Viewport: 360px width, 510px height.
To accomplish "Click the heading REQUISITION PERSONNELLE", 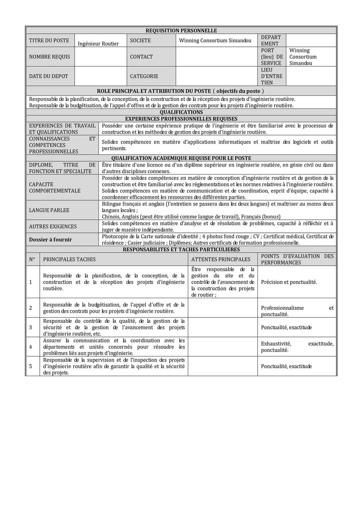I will pyautogui.click(x=181, y=30).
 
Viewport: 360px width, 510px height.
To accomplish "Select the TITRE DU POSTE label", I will pyautogui.click(x=49, y=40).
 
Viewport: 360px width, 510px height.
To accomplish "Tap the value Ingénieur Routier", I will pyautogui.click(x=98, y=44).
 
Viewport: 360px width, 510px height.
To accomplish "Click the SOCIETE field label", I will pyautogui.click(x=140, y=40).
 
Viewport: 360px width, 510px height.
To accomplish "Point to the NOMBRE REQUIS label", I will pyautogui.click(x=49, y=57).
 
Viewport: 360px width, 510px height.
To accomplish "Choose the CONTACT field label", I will pyautogui.click(x=141, y=57).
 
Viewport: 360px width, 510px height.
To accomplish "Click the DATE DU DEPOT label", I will pyautogui.click(x=48, y=76).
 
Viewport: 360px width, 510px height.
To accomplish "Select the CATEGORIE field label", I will pyautogui.click(x=144, y=76).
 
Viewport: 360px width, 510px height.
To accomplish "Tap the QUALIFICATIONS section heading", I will pyautogui.click(x=181, y=112).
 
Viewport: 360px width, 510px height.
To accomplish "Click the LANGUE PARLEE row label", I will pyautogui.click(x=49, y=210).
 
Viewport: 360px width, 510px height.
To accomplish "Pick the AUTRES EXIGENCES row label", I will pyautogui.click(x=53, y=226).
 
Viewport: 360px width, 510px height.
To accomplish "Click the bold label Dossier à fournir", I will pyautogui.click(x=50, y=239).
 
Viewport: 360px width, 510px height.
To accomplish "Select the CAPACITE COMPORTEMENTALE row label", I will pyautogui.click(x=55, y=187).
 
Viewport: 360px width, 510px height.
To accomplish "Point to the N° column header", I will pyautogui.click(x=32, y=259).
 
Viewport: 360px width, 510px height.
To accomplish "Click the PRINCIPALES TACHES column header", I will pyautogui.click(x=69, y=259).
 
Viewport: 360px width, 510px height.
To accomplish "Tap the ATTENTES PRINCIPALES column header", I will pyautogui.click(x=221, y=259).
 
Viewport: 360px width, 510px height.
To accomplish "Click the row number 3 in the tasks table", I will pyautogui.click(x=31, y=327).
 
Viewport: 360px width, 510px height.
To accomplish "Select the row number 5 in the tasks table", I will pyautogui.click(x=31, y=366).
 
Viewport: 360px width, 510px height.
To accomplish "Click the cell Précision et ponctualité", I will pyautogui.click(x=289, y=282).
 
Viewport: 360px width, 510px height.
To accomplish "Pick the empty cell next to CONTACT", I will pyautogui.click(x=216, y=57).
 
